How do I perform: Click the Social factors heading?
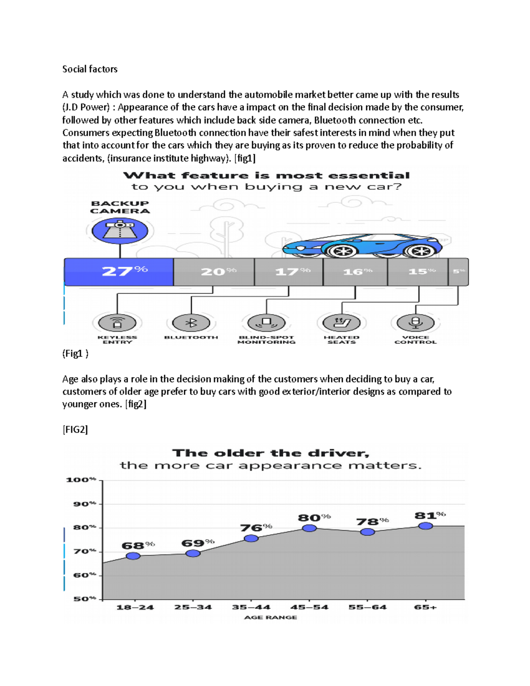[x=90, y=69]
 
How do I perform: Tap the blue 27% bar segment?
[x=119, y=272]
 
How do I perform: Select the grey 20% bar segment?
[x=214, y=272]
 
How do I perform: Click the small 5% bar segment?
[x=458, y=272]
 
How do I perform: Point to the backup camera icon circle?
[x=120, y=231]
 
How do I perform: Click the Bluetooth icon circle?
[x=191, y=323]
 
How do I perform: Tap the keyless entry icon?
[x=117, y=323]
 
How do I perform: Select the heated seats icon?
[x=341, y=323]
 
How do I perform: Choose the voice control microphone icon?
[x=415, y=322]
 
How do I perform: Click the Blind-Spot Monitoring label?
[x=266, y=340]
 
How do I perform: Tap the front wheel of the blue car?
[x=341, y=251]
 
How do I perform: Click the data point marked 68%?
[x=133, y=556]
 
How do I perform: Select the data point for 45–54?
[x=309, y=528]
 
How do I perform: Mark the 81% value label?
[x=429, y=515]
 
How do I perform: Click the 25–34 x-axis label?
[x=193, y=607]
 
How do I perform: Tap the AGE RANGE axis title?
[x=270, y=617]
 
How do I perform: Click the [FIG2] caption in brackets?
[x=75, y=429]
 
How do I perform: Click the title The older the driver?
[x=270, y=453]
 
